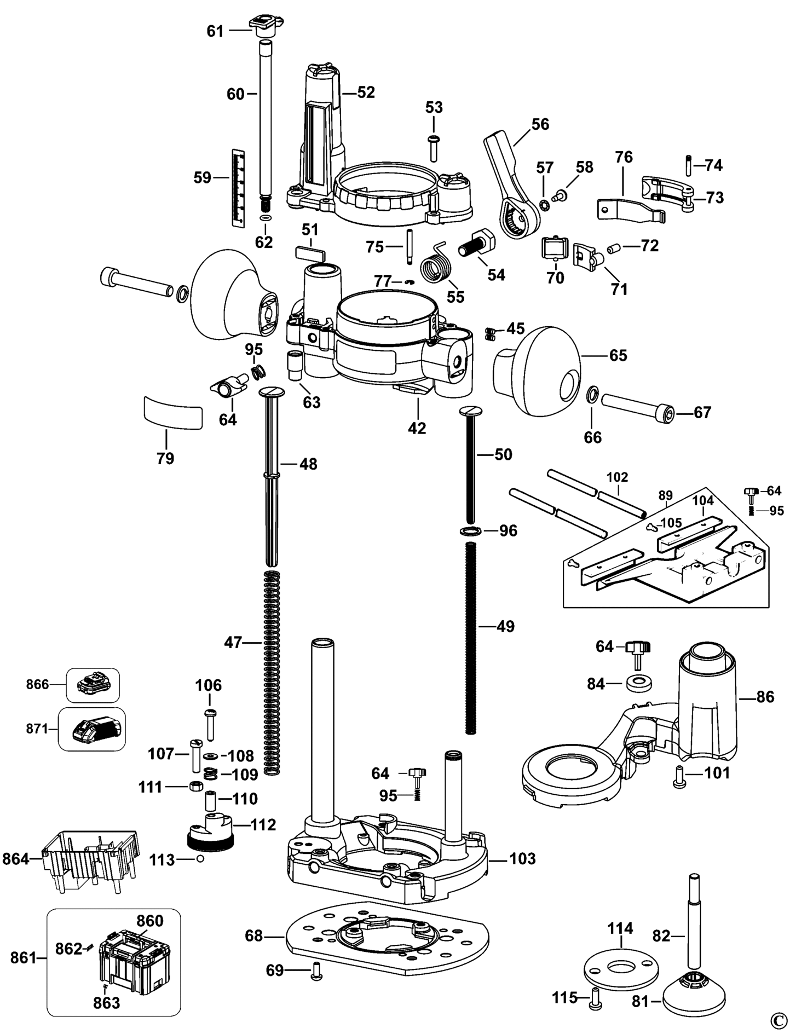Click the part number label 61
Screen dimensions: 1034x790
click(x=215, y=31)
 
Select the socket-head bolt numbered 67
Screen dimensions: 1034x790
click(x=637, y=409)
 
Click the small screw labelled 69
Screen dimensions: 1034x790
click(x=315, y=970)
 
